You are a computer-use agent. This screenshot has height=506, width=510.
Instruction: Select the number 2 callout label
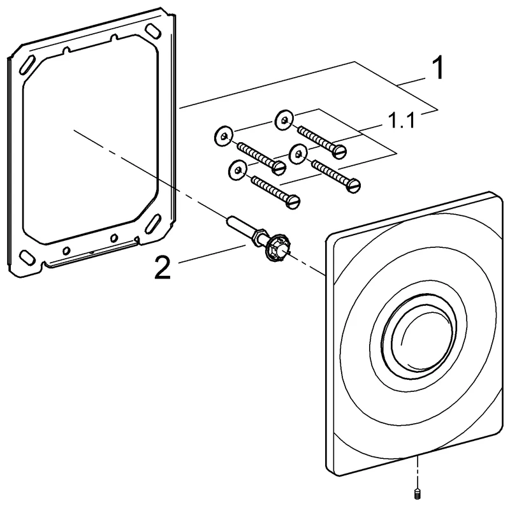163,268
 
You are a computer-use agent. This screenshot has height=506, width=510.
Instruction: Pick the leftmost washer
222,134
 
